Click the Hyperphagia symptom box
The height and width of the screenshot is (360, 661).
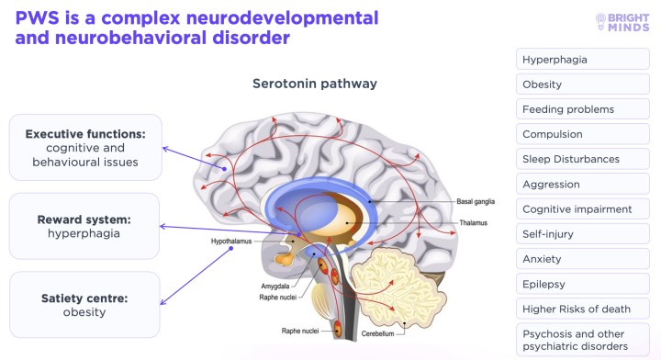click(583, 59)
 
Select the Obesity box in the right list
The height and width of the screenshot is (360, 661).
click(583, 84)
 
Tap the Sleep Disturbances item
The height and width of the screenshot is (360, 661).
click(583, 159)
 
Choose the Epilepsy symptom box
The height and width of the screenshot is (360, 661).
click(583, 284)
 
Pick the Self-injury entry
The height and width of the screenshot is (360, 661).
click(583, 234)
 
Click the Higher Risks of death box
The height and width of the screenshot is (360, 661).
click(583, 309)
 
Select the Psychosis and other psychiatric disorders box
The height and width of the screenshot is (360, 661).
click(583, 340)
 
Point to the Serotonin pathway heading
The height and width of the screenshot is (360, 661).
click(315, 84)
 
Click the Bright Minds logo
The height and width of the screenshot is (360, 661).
click(622, 22)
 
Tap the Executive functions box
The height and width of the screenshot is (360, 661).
click(85, 148)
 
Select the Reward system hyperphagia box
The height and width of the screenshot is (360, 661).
click(84, 226)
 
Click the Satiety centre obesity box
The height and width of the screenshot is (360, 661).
click(84, 304)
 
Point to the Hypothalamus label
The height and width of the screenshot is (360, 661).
click(231, 242)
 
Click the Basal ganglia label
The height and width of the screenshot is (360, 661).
click(476, 201)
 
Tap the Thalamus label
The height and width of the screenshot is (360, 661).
click(473, 222)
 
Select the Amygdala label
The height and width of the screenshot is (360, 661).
click(274, 287)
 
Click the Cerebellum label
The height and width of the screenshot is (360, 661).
click(377, 333)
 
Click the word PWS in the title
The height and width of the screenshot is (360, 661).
click(38, 18)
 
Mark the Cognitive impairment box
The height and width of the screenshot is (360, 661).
click(583, 209)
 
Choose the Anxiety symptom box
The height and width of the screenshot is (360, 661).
click(583, 259)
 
